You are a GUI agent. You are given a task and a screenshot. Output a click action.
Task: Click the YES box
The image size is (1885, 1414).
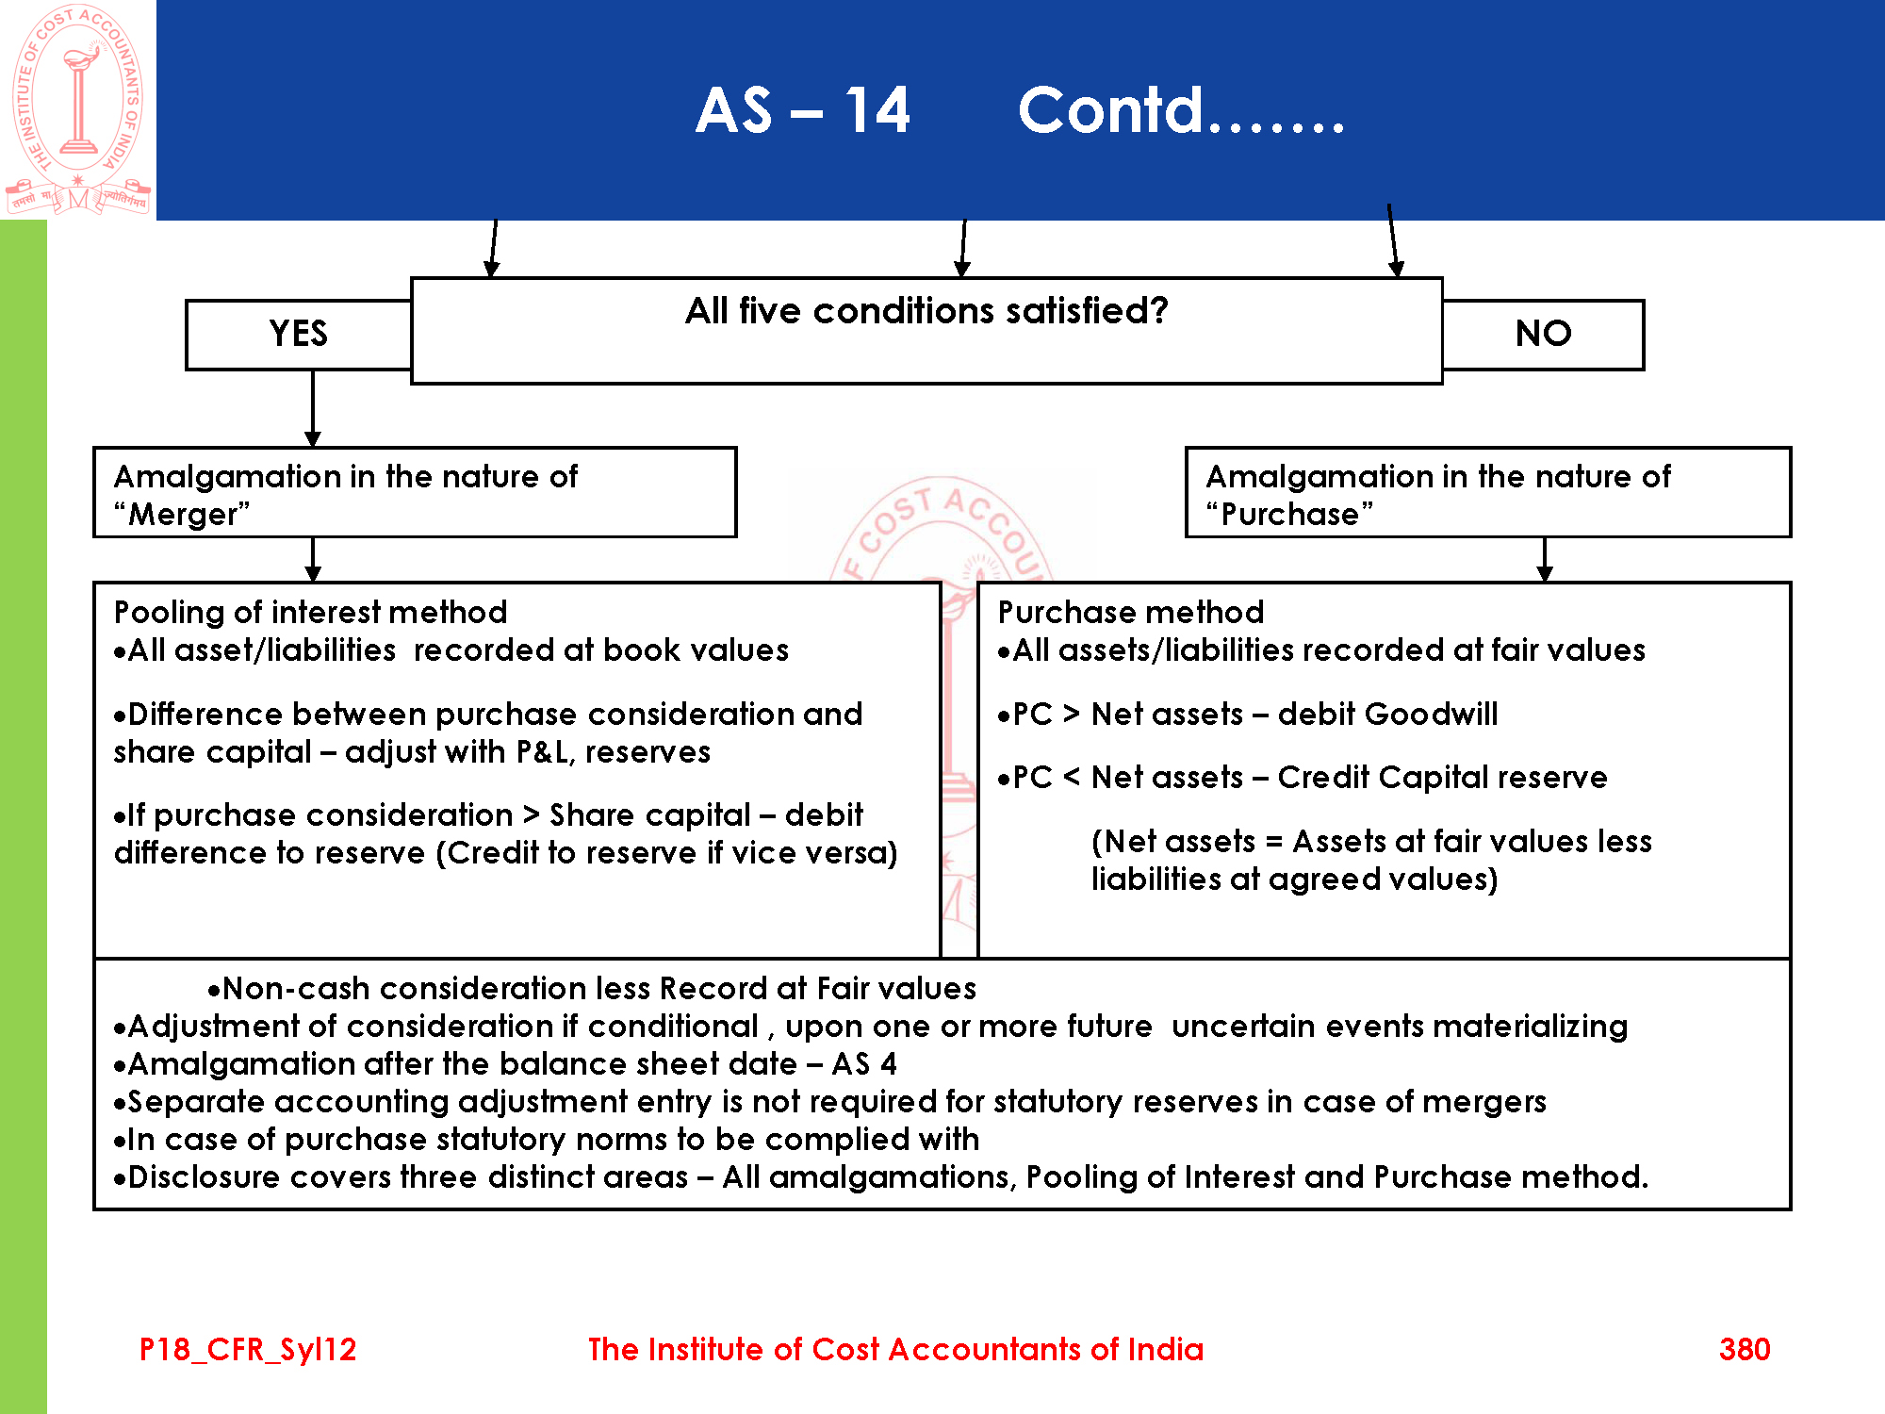pos(299,335)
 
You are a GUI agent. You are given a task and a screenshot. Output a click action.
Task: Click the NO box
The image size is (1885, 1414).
pos(1543,335)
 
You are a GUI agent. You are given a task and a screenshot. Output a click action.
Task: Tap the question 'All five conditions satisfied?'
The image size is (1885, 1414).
pos(926,311)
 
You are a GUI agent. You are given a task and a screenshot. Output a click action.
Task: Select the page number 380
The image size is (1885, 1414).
pos(1744,1349)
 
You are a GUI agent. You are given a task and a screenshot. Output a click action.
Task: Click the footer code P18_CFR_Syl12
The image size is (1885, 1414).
pos(248,1349)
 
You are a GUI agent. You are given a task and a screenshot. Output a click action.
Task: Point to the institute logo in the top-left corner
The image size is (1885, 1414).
pos(77,109)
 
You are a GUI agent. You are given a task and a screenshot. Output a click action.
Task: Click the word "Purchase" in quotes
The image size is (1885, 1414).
pos(1289,515)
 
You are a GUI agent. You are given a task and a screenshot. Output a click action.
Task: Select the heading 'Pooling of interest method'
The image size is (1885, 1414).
pos(310,613)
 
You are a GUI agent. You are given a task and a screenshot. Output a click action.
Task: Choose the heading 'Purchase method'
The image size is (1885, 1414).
pos(1130,613)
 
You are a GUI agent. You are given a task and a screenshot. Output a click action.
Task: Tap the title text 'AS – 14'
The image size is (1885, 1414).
pos(802,110)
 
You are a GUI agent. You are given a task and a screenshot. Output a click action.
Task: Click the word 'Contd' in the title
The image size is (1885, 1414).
pos(1110,110)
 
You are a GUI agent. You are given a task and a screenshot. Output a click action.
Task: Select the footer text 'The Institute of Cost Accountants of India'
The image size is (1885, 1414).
pos(895,1349)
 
